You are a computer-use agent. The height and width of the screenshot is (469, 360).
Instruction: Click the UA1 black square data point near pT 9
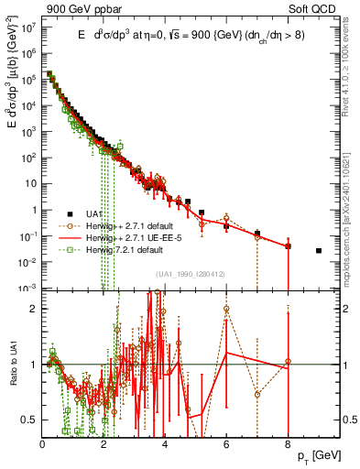click(x=319, y=250)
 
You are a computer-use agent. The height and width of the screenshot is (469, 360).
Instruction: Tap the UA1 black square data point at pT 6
click(x=226, y=226)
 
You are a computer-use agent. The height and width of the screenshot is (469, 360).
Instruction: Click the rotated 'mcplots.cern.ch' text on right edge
click(x=350, y=220)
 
